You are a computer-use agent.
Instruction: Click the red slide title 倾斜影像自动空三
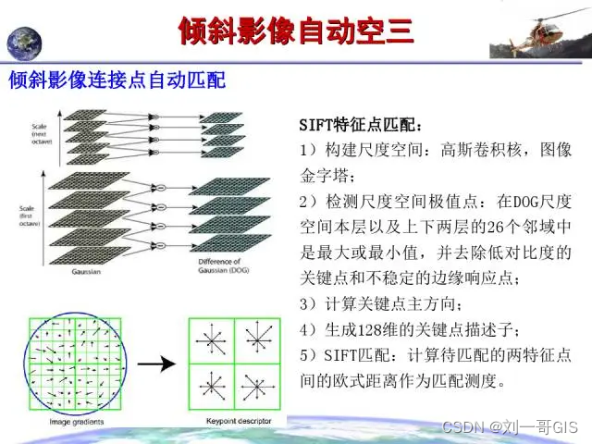tap(295, 31)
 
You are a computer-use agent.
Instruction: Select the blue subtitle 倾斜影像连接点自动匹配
tap(117, 82)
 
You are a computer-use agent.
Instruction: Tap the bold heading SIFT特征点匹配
tap(361, 125)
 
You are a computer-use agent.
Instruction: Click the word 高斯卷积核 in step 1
tap(478, 149)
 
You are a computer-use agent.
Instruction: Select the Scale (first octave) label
tap(32, 190)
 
